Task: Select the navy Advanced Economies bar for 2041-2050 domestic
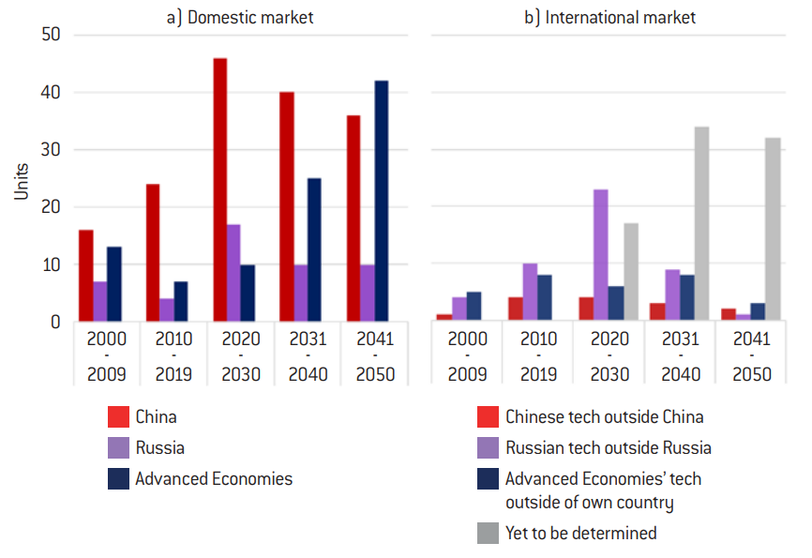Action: click(382, 202)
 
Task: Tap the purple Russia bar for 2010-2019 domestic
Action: click(166, 310)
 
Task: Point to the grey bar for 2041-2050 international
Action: click(774, 230)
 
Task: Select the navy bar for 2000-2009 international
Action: click(474, 307)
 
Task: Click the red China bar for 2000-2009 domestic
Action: click(86, 276)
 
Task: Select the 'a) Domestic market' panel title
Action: click(237, 16)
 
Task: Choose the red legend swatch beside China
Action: click(118, 416)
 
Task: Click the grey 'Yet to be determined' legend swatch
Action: click(488, 533)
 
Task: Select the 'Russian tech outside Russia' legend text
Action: click(608, 447)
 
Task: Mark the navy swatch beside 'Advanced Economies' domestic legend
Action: click(118, 478)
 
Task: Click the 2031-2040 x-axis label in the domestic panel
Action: click(308, 356)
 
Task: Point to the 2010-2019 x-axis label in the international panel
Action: click(537, 356)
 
